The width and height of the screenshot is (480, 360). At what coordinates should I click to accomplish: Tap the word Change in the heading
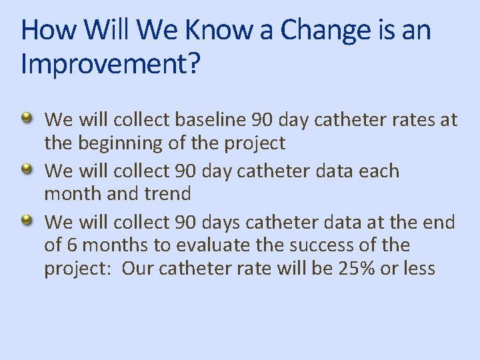point(325,30)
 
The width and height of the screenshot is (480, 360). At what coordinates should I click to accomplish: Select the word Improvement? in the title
point(110,65)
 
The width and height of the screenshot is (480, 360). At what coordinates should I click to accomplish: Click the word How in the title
point(45,30)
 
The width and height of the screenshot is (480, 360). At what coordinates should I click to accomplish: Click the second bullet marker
point(27,170)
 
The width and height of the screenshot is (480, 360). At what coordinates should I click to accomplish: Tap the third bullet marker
point(27,221)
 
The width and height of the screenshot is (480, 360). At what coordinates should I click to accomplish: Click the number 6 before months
point(72,245)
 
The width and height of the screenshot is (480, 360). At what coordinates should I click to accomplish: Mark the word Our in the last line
point(137,269)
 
